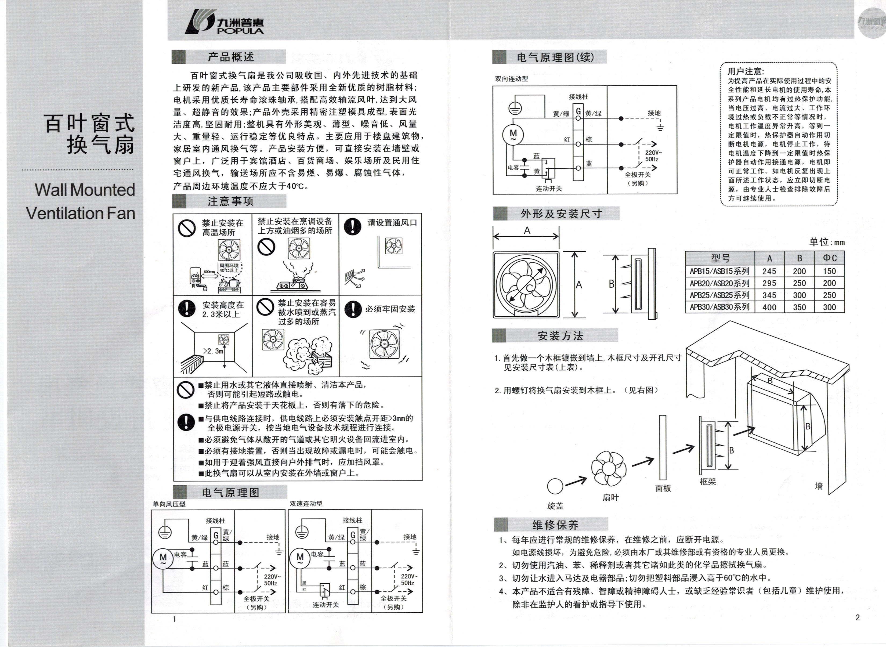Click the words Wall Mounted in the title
point(85,190)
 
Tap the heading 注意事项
point(231,201)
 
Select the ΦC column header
point(829,258)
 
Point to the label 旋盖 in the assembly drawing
point(555,506)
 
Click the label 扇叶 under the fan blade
point(610,497)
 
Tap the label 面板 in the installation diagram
point(663,488)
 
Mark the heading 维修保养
point(555,525)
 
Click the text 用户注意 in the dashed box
point(745,71)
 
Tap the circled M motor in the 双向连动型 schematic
point(513,134)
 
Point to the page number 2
point(858,618)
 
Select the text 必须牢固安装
point(390,309)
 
